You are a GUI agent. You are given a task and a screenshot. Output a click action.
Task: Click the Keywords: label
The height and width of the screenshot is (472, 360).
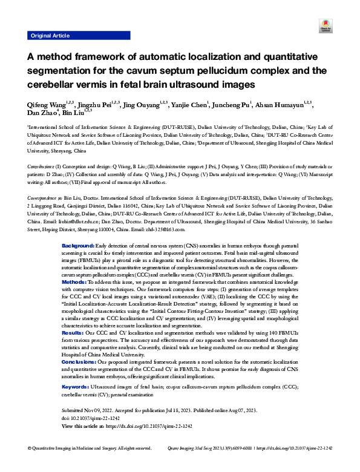[x=76, y=402]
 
